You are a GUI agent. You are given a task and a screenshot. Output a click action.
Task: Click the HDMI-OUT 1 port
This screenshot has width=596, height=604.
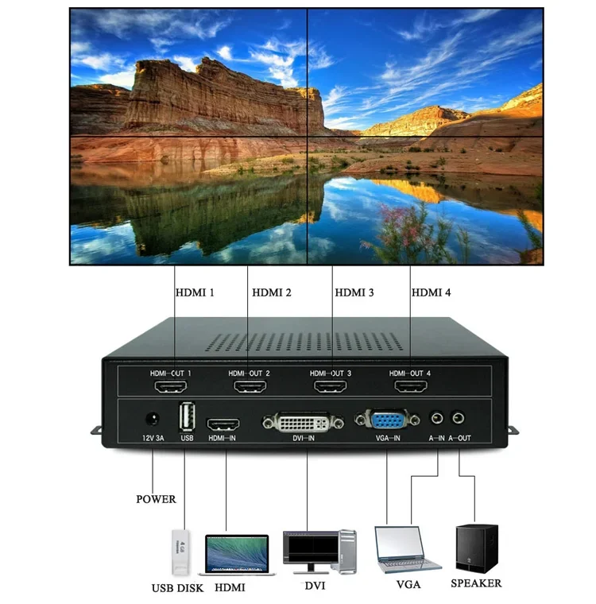click(x=171, y=387)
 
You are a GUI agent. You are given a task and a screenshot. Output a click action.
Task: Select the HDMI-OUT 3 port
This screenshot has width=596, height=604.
click(x=331, y=387)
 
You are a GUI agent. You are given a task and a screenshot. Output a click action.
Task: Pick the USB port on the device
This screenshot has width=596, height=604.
click(x=187, y=418)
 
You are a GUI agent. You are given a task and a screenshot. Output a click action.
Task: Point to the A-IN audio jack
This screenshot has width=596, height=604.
click(x=437, y=417)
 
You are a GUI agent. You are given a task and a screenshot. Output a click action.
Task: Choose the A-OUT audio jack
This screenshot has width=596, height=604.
click(x=459, y=417)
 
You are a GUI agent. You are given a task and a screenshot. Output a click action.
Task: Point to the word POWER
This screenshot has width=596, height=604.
click(x=156, y=499)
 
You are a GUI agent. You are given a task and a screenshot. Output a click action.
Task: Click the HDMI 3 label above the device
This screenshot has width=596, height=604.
click(x=354, y=292)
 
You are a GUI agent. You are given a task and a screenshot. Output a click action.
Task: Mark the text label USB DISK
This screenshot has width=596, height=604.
click(x=177, y=589)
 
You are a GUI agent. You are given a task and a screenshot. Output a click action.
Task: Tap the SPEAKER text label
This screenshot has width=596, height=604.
click(x=476, y=583)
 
